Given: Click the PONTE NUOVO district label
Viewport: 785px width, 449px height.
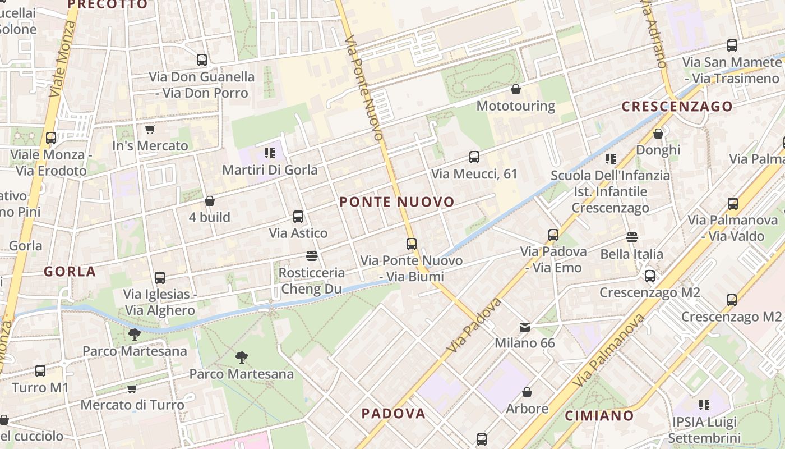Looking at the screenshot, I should [x=396, y=202].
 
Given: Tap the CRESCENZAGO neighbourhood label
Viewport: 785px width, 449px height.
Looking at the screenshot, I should [x=677, y=107].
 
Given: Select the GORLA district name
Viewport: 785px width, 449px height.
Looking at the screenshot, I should [x=70, y=272].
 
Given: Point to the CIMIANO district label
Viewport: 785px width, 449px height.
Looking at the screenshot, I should [x=599, y=416].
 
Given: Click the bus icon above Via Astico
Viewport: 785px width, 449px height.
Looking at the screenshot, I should [x=298, y=217].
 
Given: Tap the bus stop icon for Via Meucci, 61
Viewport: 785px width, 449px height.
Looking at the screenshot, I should [x=474, y=157].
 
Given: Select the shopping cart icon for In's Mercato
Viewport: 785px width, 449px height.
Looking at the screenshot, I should [x=150, y=130].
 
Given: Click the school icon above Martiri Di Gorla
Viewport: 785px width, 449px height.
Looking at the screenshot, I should [x=269, y=153].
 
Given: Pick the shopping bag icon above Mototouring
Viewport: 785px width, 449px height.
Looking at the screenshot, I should [x=516, y=89].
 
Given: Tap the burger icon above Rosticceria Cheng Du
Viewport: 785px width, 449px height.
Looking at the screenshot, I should [x=312, y=256].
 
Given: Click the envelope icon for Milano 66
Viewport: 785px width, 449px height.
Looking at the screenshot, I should [x=524, y=327].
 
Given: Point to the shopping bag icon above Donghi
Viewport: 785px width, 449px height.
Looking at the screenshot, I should [x=658, y=134].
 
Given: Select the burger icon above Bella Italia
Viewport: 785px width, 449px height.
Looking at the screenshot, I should [x=632, y=237].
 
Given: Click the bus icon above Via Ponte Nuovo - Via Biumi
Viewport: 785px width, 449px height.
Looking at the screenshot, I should [x=412, y=244].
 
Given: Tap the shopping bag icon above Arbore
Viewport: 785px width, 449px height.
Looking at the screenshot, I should [x=527, y=392].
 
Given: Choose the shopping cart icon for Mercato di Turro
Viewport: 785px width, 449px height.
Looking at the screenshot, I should [x=132, y=388].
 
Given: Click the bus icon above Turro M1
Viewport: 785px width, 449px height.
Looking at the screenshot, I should [x=40, y=371].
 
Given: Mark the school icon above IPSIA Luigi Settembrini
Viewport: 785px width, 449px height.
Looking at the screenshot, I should [x=704, y=405].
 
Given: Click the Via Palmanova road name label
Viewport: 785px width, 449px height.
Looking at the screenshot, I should [x=610, y=350].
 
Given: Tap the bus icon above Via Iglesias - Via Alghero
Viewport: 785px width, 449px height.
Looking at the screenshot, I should [x=160, y=278].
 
